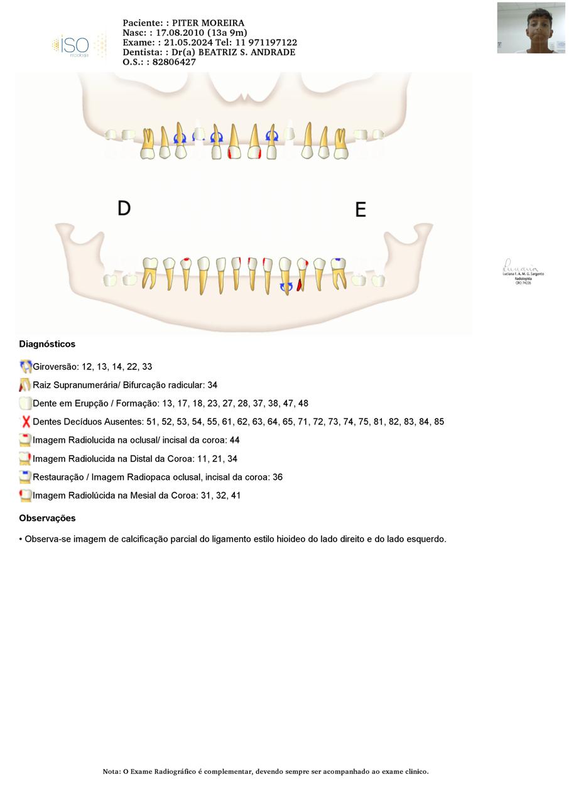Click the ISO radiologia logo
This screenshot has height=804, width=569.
[x=79, y=46]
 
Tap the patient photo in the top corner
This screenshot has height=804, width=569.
[x=531, y=28]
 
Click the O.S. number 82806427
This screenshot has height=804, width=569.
[x=174, y=62]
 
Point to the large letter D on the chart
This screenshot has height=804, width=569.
[x=124, y=208]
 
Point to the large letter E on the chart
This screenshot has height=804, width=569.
[x=360, y=210]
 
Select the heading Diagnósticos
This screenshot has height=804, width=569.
[x=47, y=344]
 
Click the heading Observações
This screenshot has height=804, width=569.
[x=47, y=518]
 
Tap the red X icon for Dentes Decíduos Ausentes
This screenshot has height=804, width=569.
[x=26, y=422]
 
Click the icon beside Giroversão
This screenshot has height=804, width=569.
[x=26, y=367]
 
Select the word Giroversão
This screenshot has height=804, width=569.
[x=55, y=367]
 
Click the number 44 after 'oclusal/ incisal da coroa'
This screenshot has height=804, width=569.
[x=234, y=440]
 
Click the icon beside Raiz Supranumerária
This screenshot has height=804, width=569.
[x=25, y=385]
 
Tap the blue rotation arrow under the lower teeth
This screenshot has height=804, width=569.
[x=286, y=288]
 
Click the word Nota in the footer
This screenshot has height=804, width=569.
[x=111, y=771]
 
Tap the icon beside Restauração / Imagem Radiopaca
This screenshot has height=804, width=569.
[x=26, y=477]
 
